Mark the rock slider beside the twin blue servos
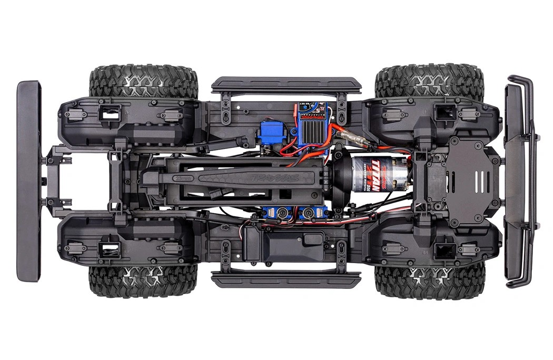[x=286, y=279]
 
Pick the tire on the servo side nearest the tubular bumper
[x=429, y=282]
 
